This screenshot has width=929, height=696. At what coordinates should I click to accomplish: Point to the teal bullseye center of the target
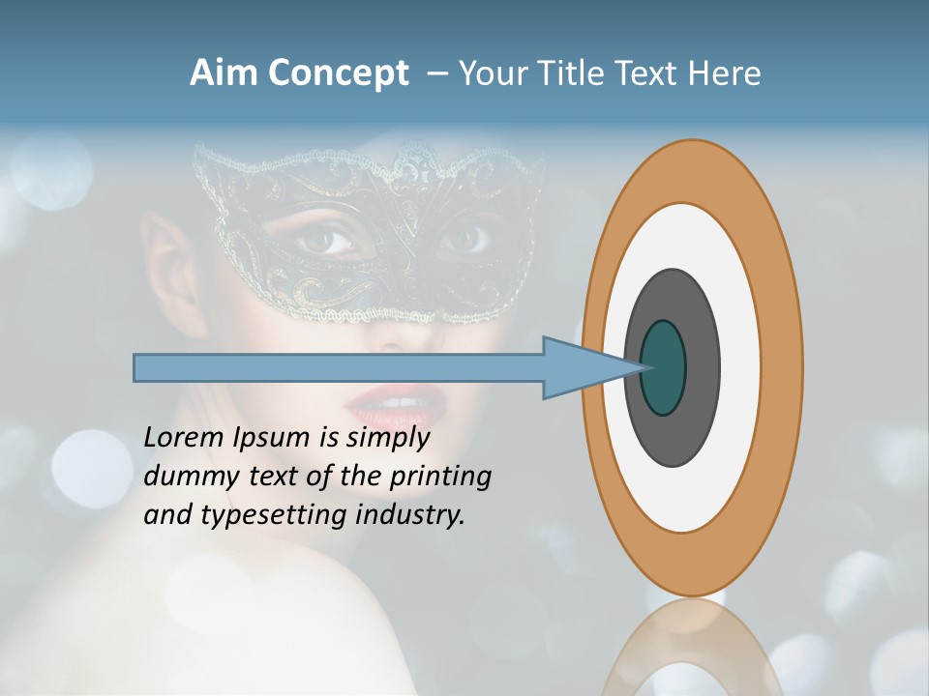click(x=664, y=368)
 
